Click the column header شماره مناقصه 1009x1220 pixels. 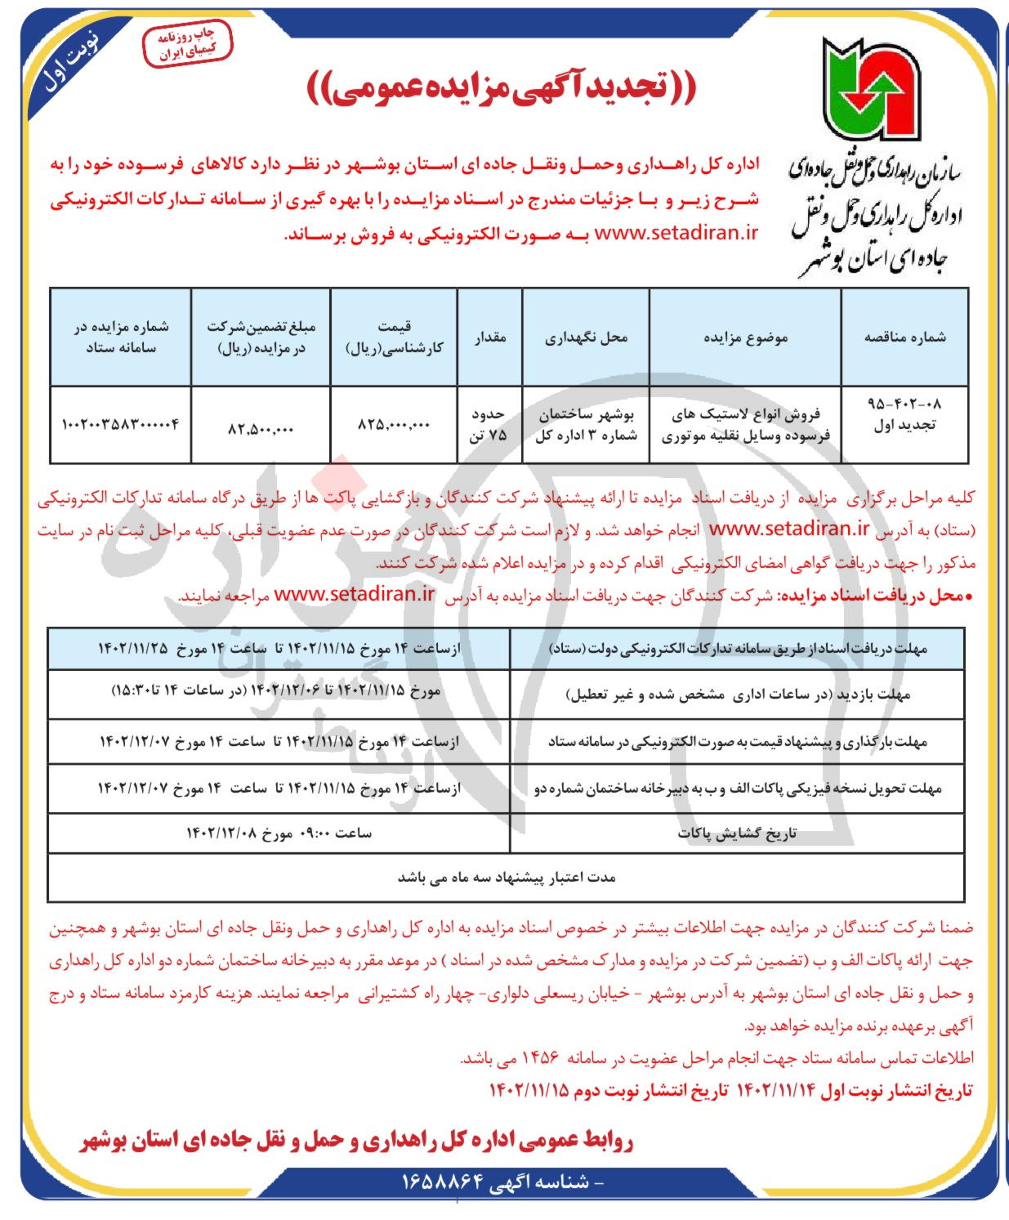pos(904,337)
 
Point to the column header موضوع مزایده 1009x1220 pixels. pos(744,337)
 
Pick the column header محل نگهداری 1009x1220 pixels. pos(585,337)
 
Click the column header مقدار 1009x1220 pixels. pos(489,337)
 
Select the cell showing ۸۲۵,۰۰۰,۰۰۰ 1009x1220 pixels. pos(394,425)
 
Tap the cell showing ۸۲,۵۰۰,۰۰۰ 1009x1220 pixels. pos(261,427)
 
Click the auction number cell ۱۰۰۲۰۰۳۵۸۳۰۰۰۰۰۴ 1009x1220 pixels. pos(120,425)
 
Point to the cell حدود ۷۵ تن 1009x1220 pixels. pos(489,425)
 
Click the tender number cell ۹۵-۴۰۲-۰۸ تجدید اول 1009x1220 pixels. pos(904,414)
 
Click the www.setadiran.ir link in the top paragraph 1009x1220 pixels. pos(676,233)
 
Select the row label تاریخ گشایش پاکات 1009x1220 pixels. pos(736,833)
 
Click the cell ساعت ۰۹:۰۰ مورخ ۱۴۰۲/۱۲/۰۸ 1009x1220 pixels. pos(279,833)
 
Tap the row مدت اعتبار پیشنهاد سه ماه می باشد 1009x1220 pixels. pos(506,877)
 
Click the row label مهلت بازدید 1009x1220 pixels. pos(738,695)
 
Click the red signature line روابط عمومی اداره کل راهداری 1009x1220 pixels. pos(357,1141)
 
